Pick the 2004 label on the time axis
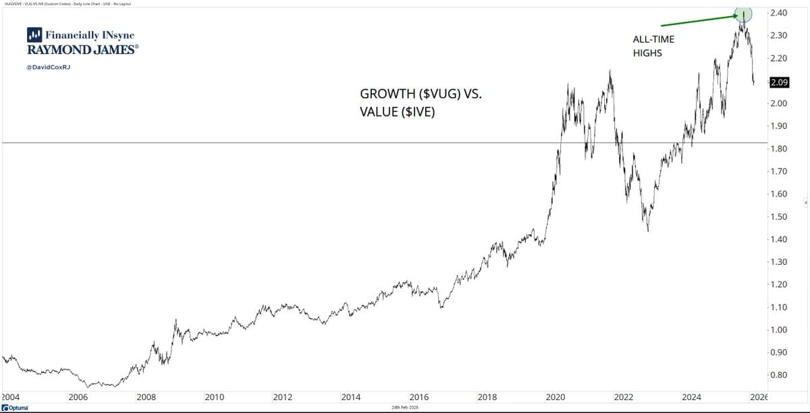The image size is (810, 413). pyautogui.click(x=10, y=397)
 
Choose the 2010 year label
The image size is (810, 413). pyautogui.click(x=214, y=397)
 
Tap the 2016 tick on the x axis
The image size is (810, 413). pyautogui.click(x=419, y=397)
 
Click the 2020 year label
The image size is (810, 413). pyautogui.click(x=556, y=397)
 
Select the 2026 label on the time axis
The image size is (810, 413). pyautogui.click(x=759, y=397)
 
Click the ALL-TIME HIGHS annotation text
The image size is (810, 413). pyautogui.click(x=653, y=46)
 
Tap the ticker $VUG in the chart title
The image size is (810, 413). pyautogui.click(x=441, y=94)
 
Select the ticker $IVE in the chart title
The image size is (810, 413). pyautogui.click(x=418, y=112)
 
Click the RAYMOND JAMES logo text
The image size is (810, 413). pyautogui.click(x=83, y=50)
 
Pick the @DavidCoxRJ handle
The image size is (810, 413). pyautogui.click(x=48, y=68)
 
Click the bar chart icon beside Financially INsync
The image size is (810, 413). pyautogui.click(x=34, y=34)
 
